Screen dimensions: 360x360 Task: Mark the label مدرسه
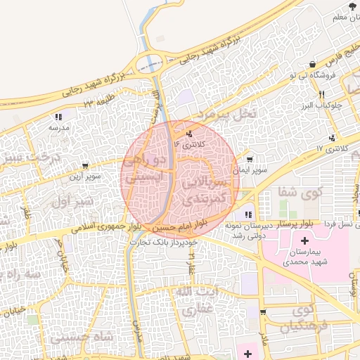point(58,129)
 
